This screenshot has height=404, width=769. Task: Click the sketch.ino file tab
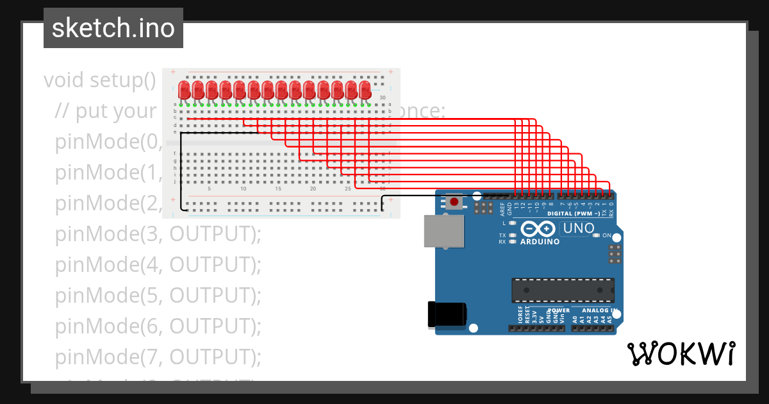pyautogui.click(x=113, y=28)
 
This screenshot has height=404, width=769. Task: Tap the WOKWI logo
pyautogui.click(x=681, y=353)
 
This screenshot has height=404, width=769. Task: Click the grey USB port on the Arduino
pyautogui.click(x=443, y=231)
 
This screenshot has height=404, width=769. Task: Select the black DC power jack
pyautogui.click(x=447, y=314)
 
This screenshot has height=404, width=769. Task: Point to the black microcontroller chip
pyautogui.click(x=563, y=290)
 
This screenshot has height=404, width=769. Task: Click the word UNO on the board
pyautogui.click(x=579, y=228)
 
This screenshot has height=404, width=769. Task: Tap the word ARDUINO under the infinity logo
pyautogui.click(x=540, y=242)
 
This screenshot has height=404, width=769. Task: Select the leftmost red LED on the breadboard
pyautogui.click(x=184, y=90)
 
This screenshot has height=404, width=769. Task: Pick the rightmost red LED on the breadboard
pyautogui.click(x=365, y=90)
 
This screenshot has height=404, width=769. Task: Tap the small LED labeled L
pyautogui.click(x=512, y=223)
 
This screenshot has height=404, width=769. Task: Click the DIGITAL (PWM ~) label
pyautogui.click(x=574, y=214)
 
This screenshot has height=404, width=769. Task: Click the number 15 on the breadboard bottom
pyautogui.click(x=278, y=189)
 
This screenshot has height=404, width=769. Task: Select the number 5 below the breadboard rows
pyautogui.click(x=209, y=189)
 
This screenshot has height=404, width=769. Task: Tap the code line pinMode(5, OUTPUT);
pyautogui.click(x=158, y=296)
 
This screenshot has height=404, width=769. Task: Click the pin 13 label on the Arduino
pyautogui.click(x=517, y=206)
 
